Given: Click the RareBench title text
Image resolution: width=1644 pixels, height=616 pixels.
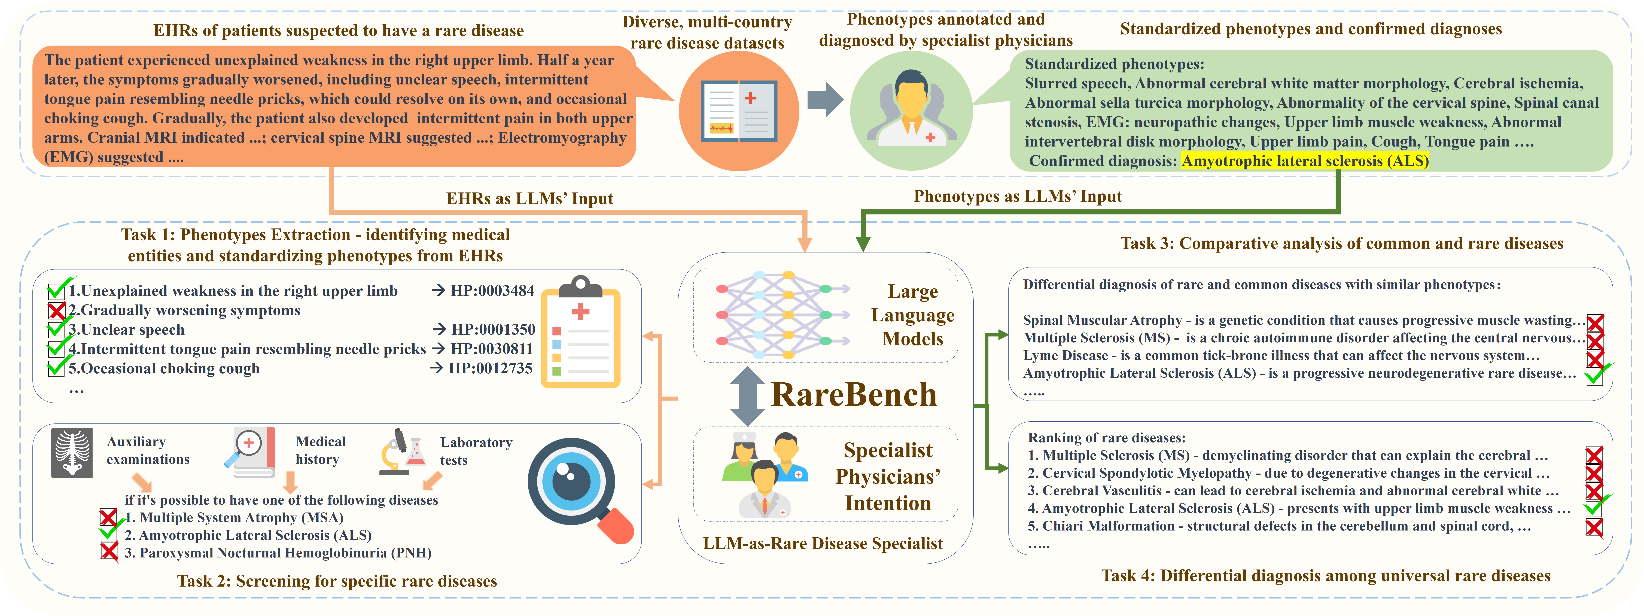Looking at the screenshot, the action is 854,395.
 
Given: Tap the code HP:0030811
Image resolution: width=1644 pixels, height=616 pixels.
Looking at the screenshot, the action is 491,349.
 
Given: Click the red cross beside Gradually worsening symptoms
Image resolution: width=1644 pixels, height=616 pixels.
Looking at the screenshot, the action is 57,311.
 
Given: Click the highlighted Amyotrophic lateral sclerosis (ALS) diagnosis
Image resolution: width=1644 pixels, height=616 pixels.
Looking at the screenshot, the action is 1305,161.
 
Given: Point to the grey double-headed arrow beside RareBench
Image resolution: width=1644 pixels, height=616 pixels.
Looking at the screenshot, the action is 747,396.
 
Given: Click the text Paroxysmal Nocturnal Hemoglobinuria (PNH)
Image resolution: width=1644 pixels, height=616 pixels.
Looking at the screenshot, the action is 278,553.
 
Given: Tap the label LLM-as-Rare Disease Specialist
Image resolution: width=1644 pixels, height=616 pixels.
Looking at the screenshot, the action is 823,543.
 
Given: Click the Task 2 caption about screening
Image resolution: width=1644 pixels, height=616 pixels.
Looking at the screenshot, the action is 337,581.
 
